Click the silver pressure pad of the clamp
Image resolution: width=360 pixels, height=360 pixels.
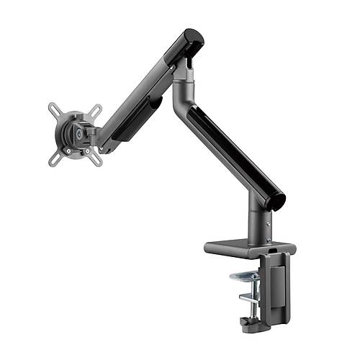(245, 278)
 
